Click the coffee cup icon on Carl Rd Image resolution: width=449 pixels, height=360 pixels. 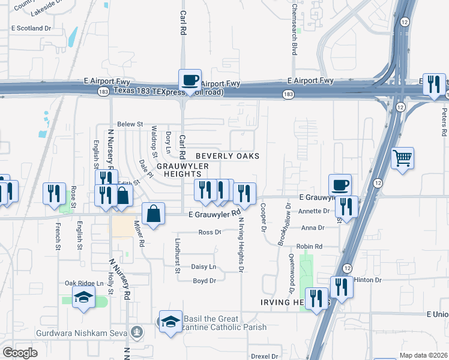point(190,80)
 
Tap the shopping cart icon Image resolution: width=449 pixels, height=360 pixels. point(402,158)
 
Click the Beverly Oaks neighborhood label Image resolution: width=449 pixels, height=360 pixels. point(228,156)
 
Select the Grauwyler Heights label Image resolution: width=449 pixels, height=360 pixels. point(182,170)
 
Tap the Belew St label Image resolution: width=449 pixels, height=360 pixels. point(130,124)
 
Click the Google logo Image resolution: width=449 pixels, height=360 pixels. point(20,352)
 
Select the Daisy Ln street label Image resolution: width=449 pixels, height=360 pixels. point(203,266)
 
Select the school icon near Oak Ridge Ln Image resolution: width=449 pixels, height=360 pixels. point(84,297)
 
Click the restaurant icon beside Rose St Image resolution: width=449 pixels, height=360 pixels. point(55,193)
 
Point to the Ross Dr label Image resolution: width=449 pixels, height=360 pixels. point(209,232)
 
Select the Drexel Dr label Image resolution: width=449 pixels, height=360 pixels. point(265,356)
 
